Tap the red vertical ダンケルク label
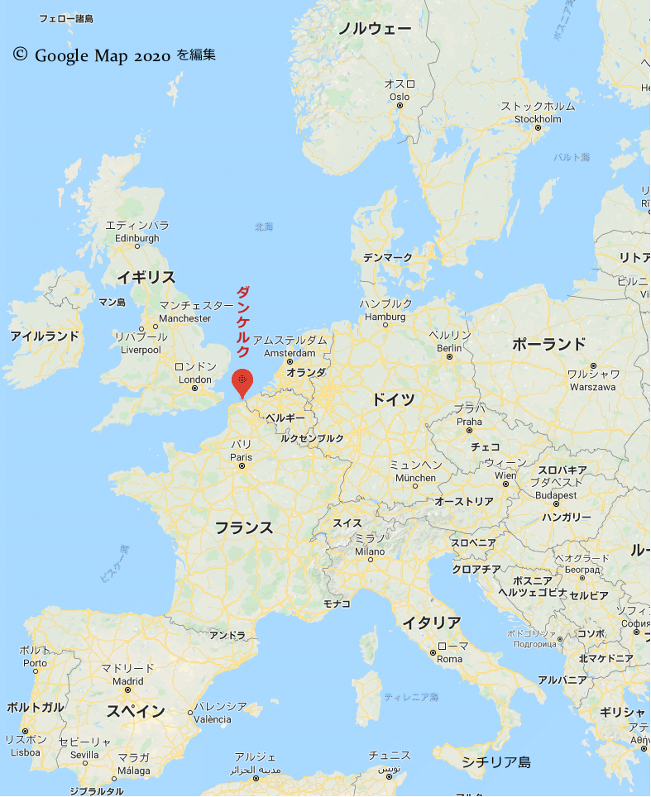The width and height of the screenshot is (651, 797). click(x=243, y=322)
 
